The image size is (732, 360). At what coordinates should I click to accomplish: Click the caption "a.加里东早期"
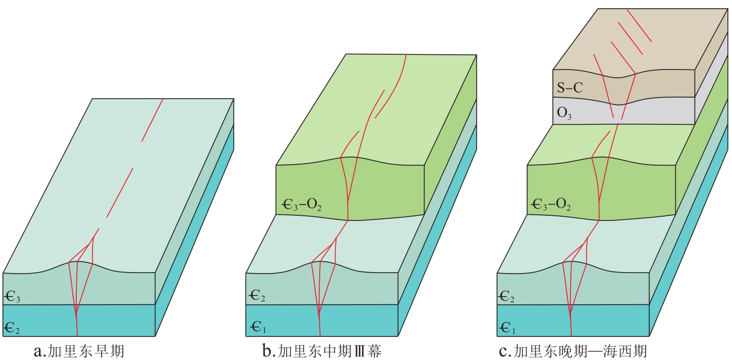[78, 351]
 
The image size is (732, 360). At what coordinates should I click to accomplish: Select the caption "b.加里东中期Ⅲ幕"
[321, 351]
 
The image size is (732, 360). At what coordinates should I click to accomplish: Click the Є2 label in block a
[12, 328]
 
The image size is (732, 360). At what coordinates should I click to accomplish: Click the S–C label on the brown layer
[569, 88]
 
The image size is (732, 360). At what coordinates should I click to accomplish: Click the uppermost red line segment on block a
[152, 120]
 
